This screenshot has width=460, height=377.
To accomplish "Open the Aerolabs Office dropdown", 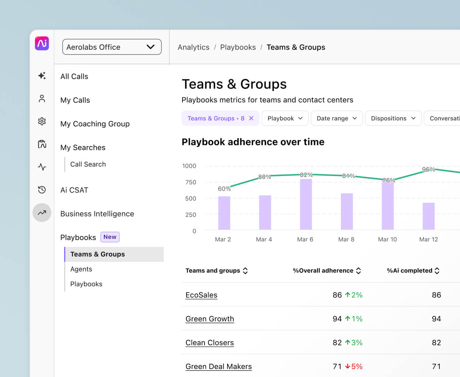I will click(x=112, y=47).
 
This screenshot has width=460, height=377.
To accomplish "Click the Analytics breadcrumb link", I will click(x=193, y=47).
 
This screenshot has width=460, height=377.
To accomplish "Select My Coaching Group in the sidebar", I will click(x=95, y=124).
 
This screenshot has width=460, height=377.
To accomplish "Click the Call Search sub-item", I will click(x=88, y=164).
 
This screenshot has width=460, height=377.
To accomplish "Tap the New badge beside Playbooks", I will click(x=110, y=237).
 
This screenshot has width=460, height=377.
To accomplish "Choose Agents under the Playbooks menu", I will click(x=81, y=269).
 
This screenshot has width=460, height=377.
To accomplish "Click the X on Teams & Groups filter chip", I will click(x=251, y=118).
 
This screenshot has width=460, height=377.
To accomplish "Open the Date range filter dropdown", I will click(x=337, y=118).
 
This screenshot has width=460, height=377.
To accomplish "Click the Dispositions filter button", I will click(x=393, y=118).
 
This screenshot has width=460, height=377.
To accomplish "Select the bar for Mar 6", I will click(x=306, y=204).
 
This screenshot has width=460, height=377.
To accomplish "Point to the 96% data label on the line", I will click(x=428, y=169).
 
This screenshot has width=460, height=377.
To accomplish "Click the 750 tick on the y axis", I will click(x=191, y=182).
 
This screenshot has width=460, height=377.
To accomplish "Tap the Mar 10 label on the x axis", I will click(x=387, y=239).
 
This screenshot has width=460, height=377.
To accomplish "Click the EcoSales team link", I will click(x=201, y=295).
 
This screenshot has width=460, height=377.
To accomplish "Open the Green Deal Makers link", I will click(x=219, y=366).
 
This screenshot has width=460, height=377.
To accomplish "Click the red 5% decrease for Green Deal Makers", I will click(x=354, y=366).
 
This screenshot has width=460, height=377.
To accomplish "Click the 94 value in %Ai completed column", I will click(x=436, y=319).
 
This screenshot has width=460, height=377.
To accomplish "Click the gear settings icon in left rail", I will click(x=42, y=121).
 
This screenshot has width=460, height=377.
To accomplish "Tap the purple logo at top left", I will click(x=42, y=43).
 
